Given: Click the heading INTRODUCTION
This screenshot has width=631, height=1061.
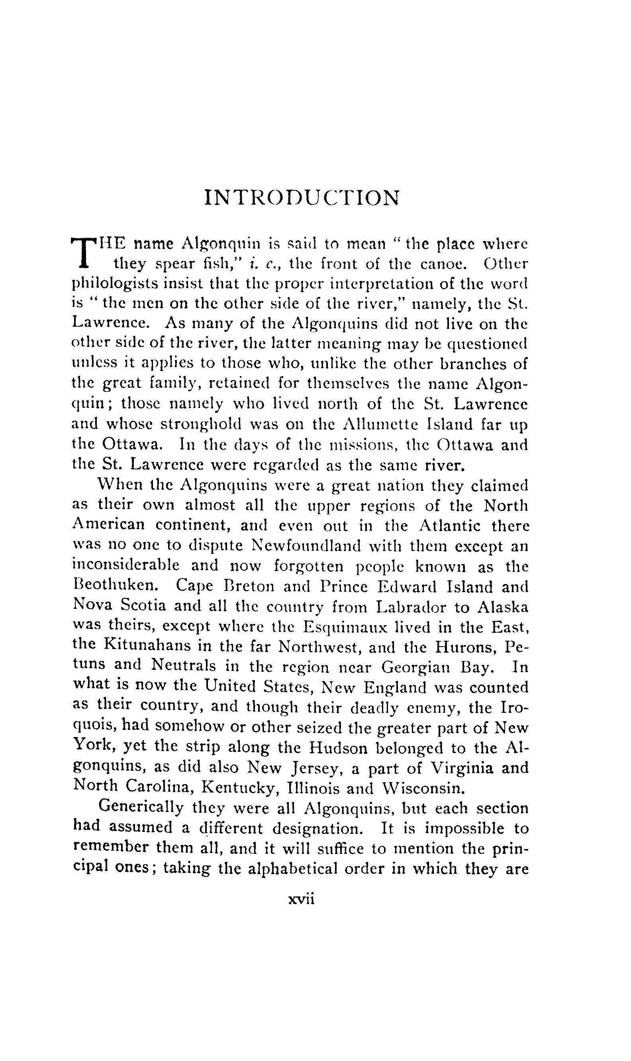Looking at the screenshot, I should click(302, 198).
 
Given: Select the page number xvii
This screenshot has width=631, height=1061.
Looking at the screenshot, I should click(301, 899).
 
